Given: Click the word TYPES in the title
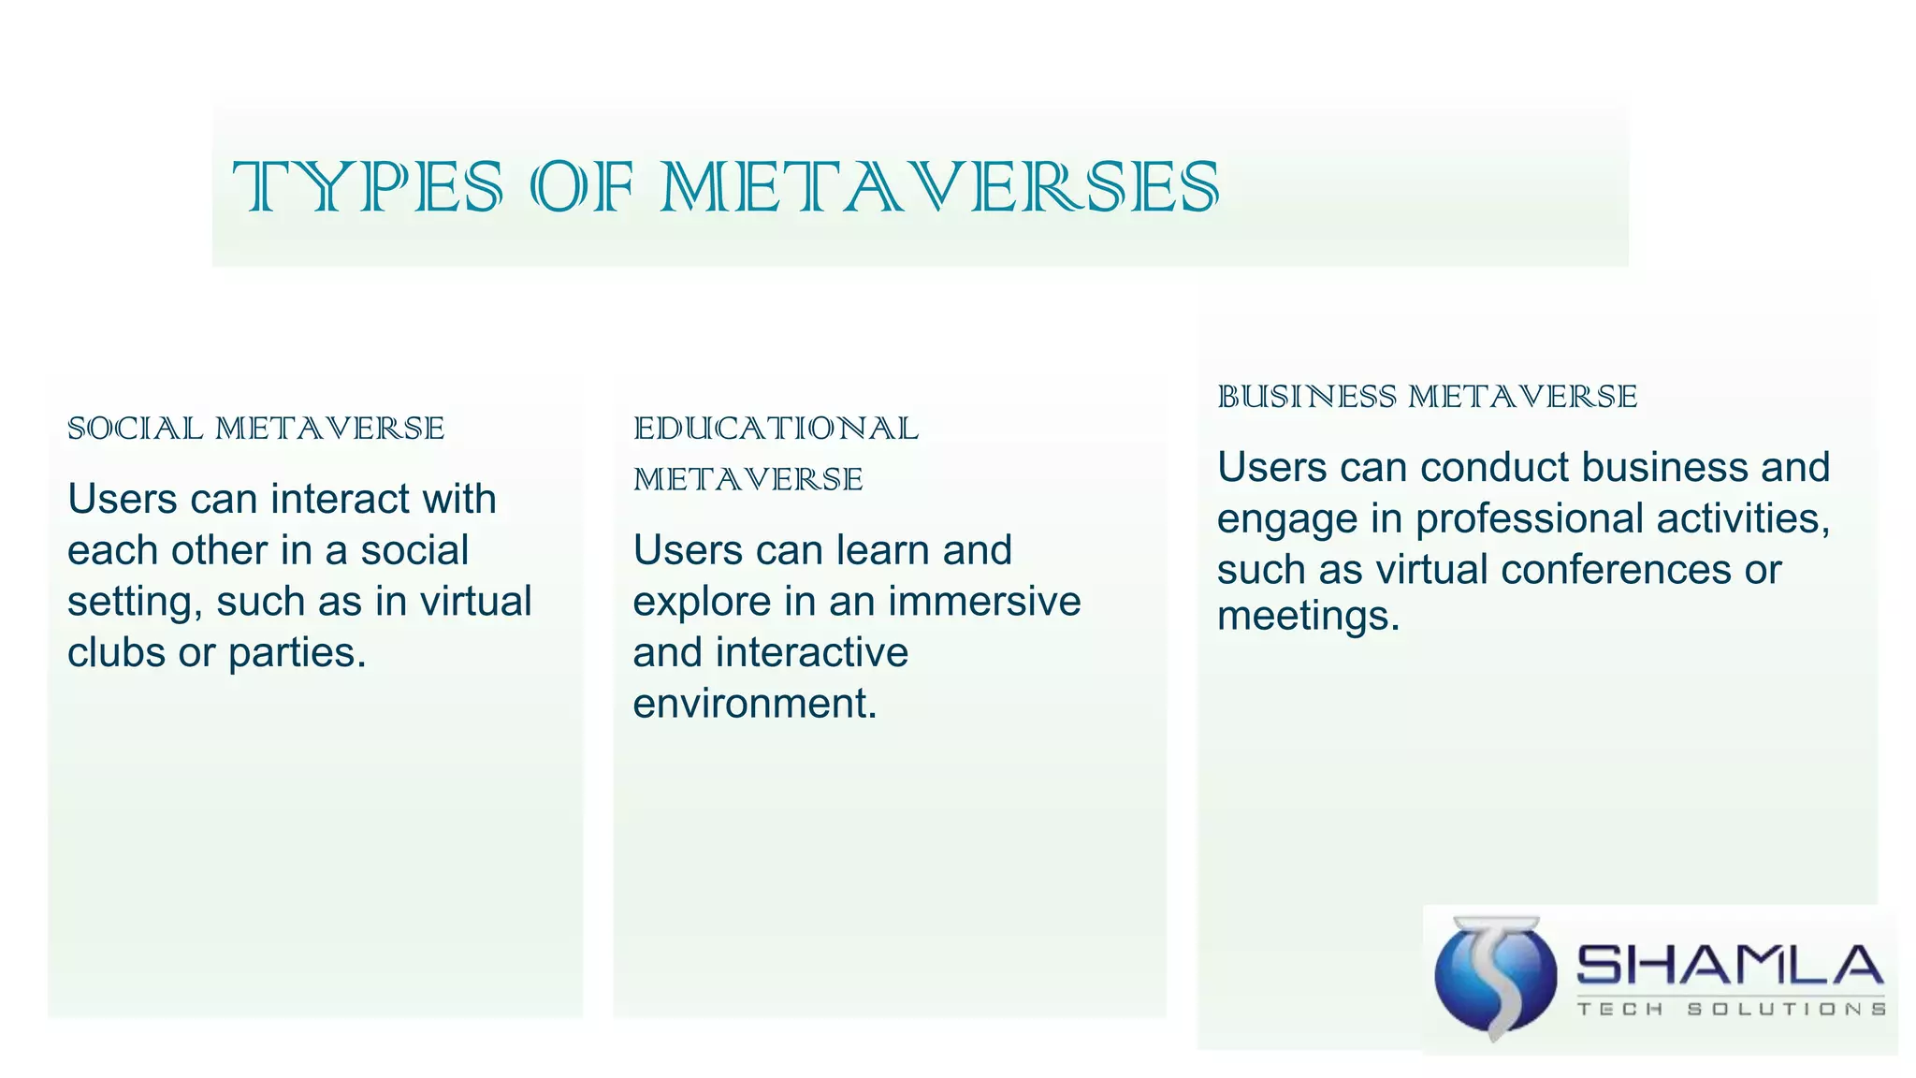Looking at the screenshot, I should tap(368, 187).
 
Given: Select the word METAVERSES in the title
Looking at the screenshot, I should tap(940, 187).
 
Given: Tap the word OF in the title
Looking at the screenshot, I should tap(582, 187).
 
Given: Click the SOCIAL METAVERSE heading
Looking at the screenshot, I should tap(255, 429).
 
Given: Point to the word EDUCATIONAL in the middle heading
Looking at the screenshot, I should tap(776, 429).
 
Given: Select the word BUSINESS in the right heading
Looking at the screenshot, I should tap(1306, 397).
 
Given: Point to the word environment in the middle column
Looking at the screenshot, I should tap(754, 704).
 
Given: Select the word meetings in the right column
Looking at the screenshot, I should tap(1307, 616).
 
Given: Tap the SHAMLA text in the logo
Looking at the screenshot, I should tap(1729, 966).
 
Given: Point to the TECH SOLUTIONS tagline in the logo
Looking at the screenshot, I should tap(1731, 1009).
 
